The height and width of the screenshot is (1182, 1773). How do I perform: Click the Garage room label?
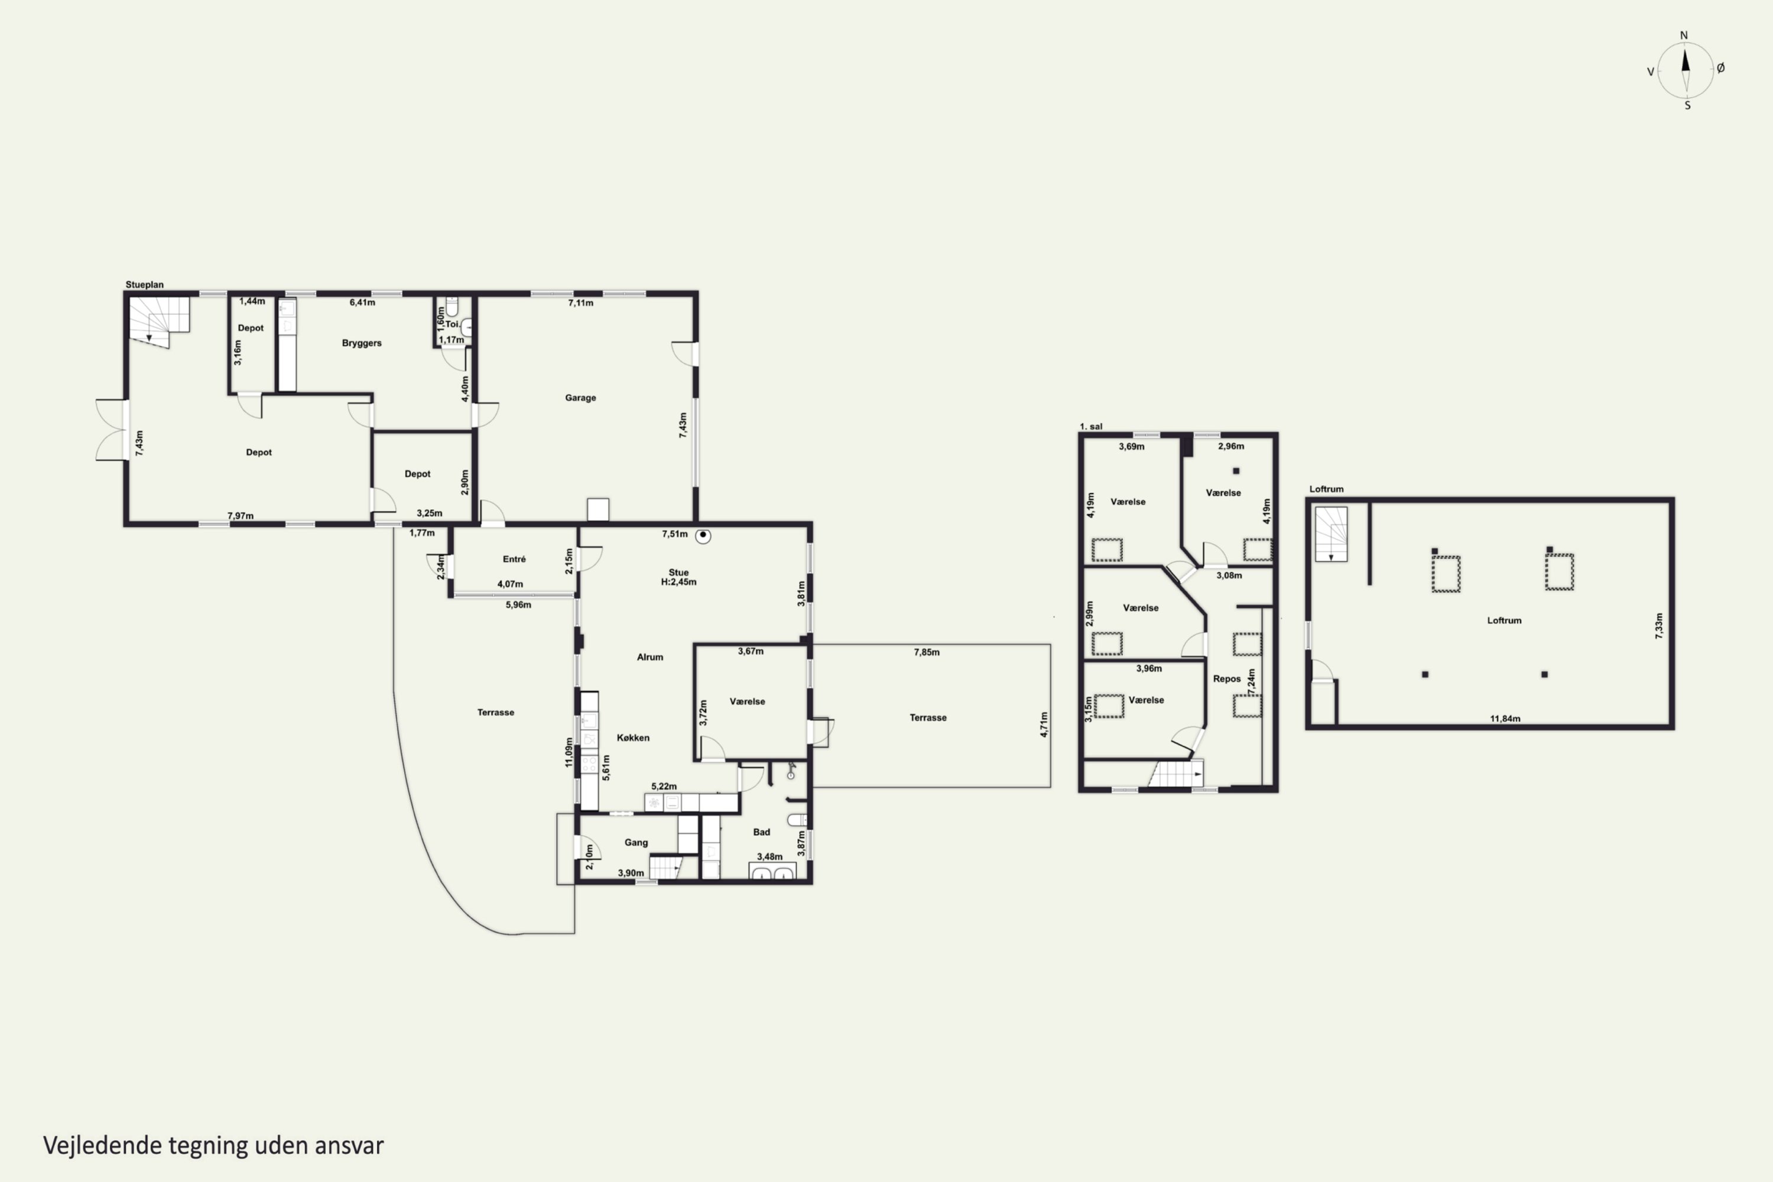click(x=580, y=398)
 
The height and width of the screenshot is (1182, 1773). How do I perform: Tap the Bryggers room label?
click(x=362, y=343)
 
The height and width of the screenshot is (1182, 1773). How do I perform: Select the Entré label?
click(x=514, y=559)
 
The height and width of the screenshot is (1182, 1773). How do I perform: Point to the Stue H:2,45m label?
click(x=678, y=577)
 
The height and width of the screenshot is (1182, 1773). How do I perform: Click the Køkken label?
click(x=633, y=738)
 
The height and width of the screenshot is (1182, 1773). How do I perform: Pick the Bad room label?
click(x=761, y=832)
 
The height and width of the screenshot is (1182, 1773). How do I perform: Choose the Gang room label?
click(x=637, y=843)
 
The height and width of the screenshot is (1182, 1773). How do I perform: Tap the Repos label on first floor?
click(x=1226, y=679)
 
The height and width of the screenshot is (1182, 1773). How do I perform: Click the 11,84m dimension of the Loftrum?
click(x=1505, y=719)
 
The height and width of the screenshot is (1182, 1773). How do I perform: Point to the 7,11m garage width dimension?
click(x=580, y=303)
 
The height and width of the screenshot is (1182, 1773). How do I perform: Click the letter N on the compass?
click(x=1683, y=35)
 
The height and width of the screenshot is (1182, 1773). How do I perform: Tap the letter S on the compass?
click(x=1687, y=106)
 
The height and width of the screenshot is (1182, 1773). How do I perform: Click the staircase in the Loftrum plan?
click(x=1332, y=534)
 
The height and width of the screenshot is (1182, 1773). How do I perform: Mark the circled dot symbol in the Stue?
click(x=703, y=536)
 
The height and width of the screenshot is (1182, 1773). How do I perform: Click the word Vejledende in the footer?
click(x=102, y=1146)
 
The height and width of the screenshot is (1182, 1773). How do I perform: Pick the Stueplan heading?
click(x=144, y=285)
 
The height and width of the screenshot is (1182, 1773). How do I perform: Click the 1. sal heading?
click(x=1091, y=427)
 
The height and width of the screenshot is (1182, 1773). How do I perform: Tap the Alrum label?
click(x=650, y=657)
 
